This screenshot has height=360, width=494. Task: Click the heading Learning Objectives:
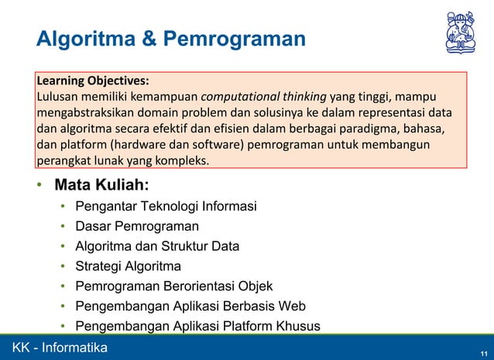pos(93,81)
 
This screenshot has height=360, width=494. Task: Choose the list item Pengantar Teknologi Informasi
pos(166,207)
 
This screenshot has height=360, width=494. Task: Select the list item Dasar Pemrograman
pos(136,227)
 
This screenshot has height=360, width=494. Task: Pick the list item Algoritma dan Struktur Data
pos(156,247)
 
